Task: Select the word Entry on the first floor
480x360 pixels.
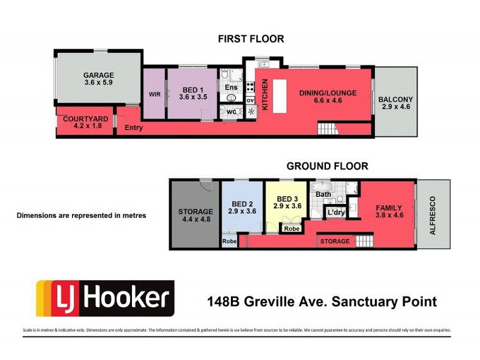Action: [133, 128]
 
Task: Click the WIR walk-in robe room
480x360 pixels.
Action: [154, 95]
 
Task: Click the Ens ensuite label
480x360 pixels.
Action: [232, 88]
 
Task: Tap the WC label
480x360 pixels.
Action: [230, 111]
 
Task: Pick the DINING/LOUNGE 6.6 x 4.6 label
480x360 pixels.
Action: [328, 97]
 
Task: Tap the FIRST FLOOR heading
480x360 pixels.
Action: [251, 39]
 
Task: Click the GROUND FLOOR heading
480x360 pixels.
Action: [327, 166]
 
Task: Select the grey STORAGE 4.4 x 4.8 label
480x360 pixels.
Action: [195, 215]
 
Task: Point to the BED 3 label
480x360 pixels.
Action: [287, 202]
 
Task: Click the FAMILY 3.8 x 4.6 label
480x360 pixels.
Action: [388, 212]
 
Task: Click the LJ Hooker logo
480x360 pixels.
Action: [106, 298]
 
